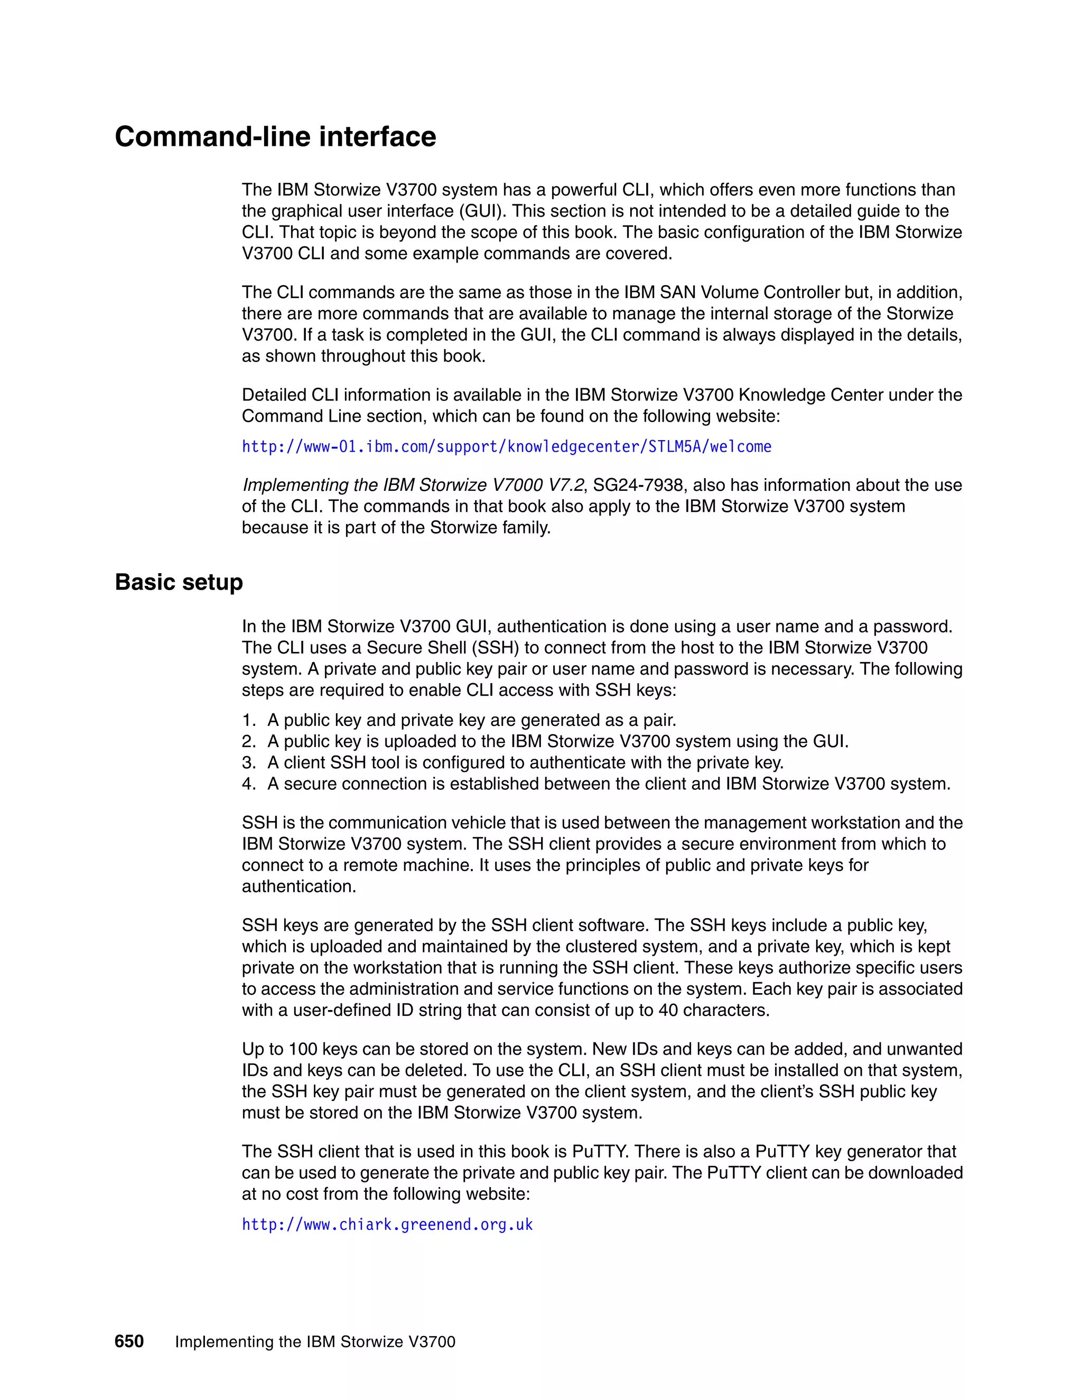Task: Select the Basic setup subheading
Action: click(179, 582)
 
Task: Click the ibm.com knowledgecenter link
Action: click(506, 447)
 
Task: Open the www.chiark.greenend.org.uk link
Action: click(387, 1225)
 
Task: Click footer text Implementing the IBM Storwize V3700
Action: click(315, 1342)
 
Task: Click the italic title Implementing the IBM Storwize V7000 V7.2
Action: click(412, 486)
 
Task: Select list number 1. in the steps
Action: click(249, 721)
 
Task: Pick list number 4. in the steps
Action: click(249, 784)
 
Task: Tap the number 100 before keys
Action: click(303, 1049)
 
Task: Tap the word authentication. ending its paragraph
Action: click(299, 886)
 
